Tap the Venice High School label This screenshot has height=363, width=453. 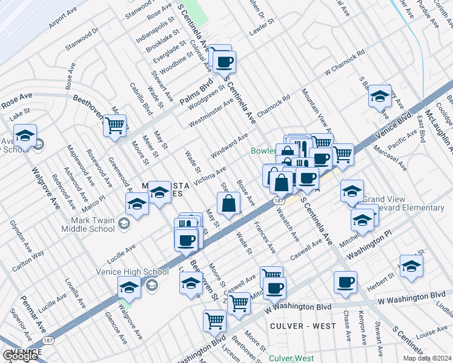pos(131,272)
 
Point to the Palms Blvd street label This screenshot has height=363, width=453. pos(195,91)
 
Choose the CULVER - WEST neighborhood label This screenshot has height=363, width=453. pos(294,326)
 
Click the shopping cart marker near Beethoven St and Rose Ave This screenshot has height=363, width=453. pos(114,126)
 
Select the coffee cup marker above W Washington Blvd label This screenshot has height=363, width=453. pos(346,281)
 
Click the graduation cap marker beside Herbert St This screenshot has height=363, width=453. pos(411,266)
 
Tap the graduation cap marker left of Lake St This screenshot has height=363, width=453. pos(25,135)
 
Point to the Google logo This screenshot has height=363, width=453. pos(19,355)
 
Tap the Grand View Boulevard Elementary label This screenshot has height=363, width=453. pos(404,204)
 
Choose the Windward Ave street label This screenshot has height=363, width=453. pos(229,147)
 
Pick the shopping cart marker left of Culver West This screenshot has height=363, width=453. pos(214,320)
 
